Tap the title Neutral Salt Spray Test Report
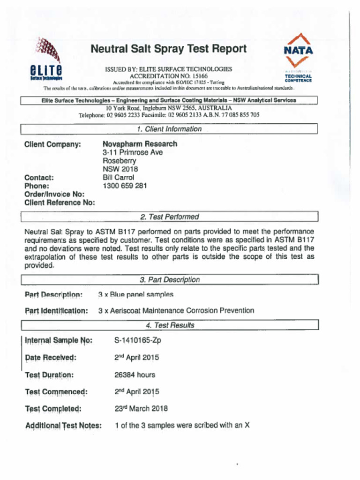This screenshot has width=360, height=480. pyautogui.click(x=168, y=49)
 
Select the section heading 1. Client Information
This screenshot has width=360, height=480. pyautogui.click(x=169, y=129)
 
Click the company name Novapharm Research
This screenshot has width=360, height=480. pyautogui.click(x=140, y=144)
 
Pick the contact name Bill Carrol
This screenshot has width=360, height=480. pyautogui.click(x=118, y=178)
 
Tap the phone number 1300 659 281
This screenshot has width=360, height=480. pyautogui.click(x=125, y=186)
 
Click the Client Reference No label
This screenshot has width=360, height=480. pyautogui.click(x=60, y=203)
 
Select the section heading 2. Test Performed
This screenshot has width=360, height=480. pyautogui.click(x=169, y=217)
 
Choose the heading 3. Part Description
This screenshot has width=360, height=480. pyautogui.click(x=169, y=280)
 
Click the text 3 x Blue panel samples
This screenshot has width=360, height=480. pyautogui.click(x=135, y=294)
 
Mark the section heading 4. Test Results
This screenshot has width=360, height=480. pyautogui.click(x=169, y=325)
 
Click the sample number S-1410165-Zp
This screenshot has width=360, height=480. pyautogui.click(x=137, y=340)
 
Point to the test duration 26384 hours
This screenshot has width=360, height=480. pyautogui.click(x=135, y=375)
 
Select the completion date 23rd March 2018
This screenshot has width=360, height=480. pyautogui.click(x=141, y=408)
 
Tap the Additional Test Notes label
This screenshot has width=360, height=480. pyautogui.click(x=63, y=426)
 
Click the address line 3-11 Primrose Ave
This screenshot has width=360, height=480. pyautogui.click(x=133, y=152)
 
